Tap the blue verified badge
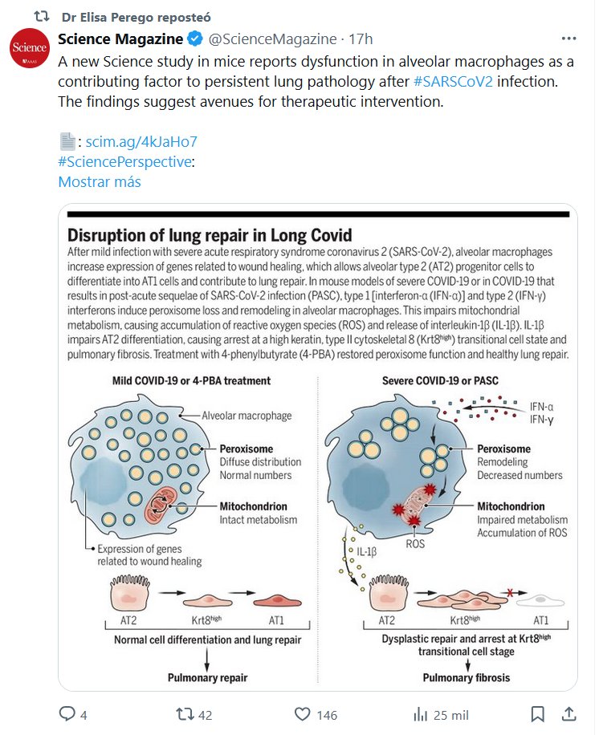(195, 39)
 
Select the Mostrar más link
(100, 181)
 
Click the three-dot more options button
(568, 39)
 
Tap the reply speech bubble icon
(67, 714)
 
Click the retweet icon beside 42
(185, 714)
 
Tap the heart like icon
(303, 714)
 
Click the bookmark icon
(540, 714)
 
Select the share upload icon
(568, 714)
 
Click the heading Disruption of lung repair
(210, 235)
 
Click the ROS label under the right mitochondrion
(416, 543)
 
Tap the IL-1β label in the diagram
(367, 553)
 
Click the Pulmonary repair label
(207, 678)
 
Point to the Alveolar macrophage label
(247, 416)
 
